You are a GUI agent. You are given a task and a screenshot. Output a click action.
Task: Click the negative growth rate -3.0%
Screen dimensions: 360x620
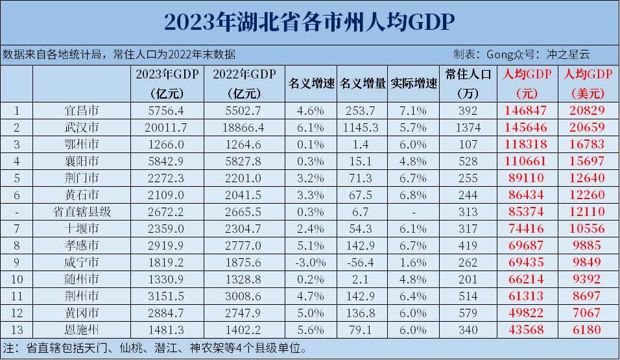311,262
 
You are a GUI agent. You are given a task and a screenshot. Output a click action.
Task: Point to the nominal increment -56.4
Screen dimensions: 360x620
362,262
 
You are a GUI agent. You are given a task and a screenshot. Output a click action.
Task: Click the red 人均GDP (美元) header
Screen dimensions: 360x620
590,83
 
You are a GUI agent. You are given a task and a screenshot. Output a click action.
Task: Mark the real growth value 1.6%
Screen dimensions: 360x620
414,262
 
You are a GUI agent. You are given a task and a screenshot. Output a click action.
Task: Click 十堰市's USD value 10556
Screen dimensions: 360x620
590,228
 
